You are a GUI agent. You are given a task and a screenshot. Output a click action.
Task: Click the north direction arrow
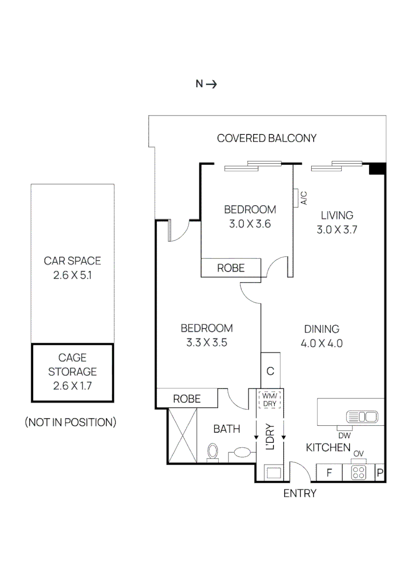point(211,84)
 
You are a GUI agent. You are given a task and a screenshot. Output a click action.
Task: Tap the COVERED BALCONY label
point(267,138)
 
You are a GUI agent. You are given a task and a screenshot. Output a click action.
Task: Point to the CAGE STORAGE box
point(72,372)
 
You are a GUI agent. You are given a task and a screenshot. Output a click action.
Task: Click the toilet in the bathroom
point(213,452)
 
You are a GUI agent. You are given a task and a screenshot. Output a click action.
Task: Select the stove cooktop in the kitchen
point(358,473)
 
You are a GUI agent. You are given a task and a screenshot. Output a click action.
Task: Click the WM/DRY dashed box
point(269,400)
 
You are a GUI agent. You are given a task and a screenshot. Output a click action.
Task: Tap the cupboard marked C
point(270,371)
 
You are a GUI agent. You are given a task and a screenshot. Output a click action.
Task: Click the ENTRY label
point(300,494)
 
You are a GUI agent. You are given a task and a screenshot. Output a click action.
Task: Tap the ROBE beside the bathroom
point(186,399)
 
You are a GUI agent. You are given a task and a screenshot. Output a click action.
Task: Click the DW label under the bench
point(344,436)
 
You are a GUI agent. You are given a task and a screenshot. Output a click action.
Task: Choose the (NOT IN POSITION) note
point(70,422)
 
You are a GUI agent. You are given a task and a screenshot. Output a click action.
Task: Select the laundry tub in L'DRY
point(274,473)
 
